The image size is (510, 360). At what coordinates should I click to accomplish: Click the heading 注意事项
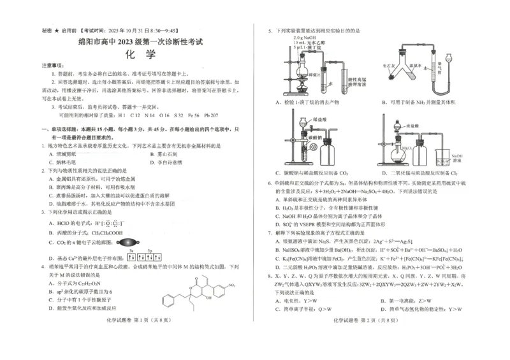pyautogui.click(x=52, y=66)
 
